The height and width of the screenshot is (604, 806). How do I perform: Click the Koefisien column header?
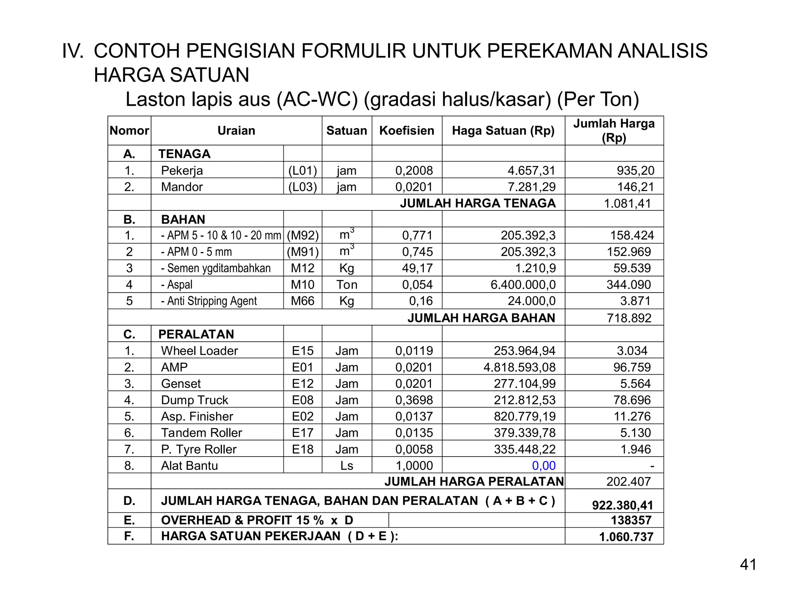pyautogui.click(x=407, y=131)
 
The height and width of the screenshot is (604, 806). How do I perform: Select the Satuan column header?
pyautogui.click(x=346, y=131)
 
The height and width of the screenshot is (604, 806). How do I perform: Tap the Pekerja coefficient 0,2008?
pyautogui.click(x=414, y=170)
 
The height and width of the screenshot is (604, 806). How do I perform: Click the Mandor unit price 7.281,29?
pyautogui.click(x=531, y=187)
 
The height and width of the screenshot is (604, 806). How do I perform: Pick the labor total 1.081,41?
pyautogui.click(x=627, y=203)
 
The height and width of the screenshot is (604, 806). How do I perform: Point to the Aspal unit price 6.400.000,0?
pyautogui.click(x=523, y=284)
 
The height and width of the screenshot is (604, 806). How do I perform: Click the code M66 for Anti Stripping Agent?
pyautogui.click(x=302, y=301)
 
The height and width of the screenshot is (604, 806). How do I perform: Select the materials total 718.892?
pyautogui.click(x=629, y=318)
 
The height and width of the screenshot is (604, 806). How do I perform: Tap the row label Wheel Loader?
pyautogui.click(x=200, y=350)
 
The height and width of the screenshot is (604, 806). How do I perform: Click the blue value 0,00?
pyautogui.click(x=543, y=466)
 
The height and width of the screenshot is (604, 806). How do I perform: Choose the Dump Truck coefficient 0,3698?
pyautogui.click(x=414, y=400)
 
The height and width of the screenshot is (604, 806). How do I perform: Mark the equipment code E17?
pyautogui.click(x=302, y=433)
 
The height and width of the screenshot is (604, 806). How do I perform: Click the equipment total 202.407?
pyautogui.click(x=629, y=481)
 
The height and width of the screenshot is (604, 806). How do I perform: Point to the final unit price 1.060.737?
pyautogui.click(x=626, y=537)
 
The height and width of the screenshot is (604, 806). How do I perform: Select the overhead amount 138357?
pyautogui.click(x=631, y=520)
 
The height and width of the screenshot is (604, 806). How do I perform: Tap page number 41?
pyautogui.click(x=748, y=565)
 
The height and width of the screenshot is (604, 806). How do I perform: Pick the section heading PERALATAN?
pyautogui.click(x=196, y=334)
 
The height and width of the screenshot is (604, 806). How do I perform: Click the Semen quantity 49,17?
pyautogui.click(x=417, y=268)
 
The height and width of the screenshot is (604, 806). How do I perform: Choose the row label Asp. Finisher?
pyautogui.click(x=197, y=416)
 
